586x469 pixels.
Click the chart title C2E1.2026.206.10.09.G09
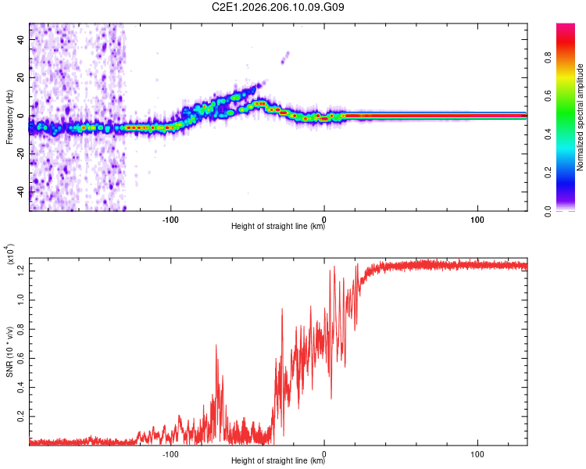[x=277, y=7]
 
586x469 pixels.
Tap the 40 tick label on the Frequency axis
[x=20, y=39]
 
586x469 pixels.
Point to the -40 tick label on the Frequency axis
[x=20, y=192]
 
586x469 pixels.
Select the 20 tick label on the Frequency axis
[x=20, y=77]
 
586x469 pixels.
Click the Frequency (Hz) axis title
[x=9, y=116]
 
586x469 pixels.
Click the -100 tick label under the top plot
[x=170, y=220]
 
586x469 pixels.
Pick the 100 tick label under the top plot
[x=477, y=220]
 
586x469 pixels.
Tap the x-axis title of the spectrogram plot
[x=278, y=226]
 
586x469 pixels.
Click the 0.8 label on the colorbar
[x=548, y=58]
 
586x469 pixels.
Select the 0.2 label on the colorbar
[x=548, y=173]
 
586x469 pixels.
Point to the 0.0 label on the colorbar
[x=548, y=211]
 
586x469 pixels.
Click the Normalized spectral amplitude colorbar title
[x=580, y=117]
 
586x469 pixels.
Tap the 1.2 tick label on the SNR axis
[x=20, y=270]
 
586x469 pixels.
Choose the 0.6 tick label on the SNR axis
[x=20, y=358]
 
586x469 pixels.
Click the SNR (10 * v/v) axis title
[x=9, y=352]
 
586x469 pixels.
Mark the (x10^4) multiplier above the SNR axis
[x=9, y=254]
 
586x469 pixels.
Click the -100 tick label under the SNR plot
[x=170, y=454]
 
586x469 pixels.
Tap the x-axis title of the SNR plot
[x=278, y=460]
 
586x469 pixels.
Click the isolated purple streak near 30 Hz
[x=285, y=58]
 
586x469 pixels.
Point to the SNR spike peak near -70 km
[x=216, y=345]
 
